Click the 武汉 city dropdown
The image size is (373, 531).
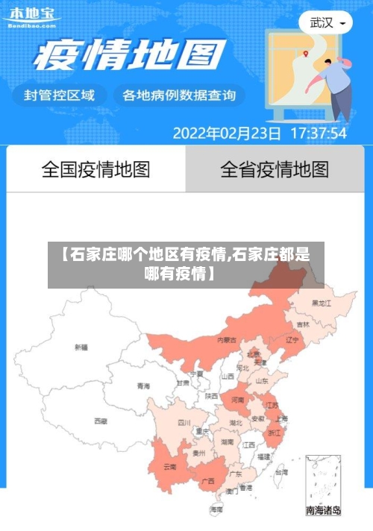(327, 22)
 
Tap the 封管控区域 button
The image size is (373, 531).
(60, 95)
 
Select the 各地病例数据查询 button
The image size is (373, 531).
(178, 95)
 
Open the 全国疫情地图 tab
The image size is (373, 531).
(95, 169)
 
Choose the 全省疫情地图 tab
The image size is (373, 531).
(274, 169)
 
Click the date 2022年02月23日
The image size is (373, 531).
(227, 134)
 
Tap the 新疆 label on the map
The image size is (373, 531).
(81, 347)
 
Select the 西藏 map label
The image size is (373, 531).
(100, 421)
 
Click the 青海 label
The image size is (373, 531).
(143, 386)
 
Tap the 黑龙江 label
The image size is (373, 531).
(322, 304)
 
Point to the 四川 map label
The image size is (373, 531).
(184, 422)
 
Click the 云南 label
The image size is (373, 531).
(170, 468)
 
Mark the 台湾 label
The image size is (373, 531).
(280, 472)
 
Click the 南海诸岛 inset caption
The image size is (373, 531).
(323, 511)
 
